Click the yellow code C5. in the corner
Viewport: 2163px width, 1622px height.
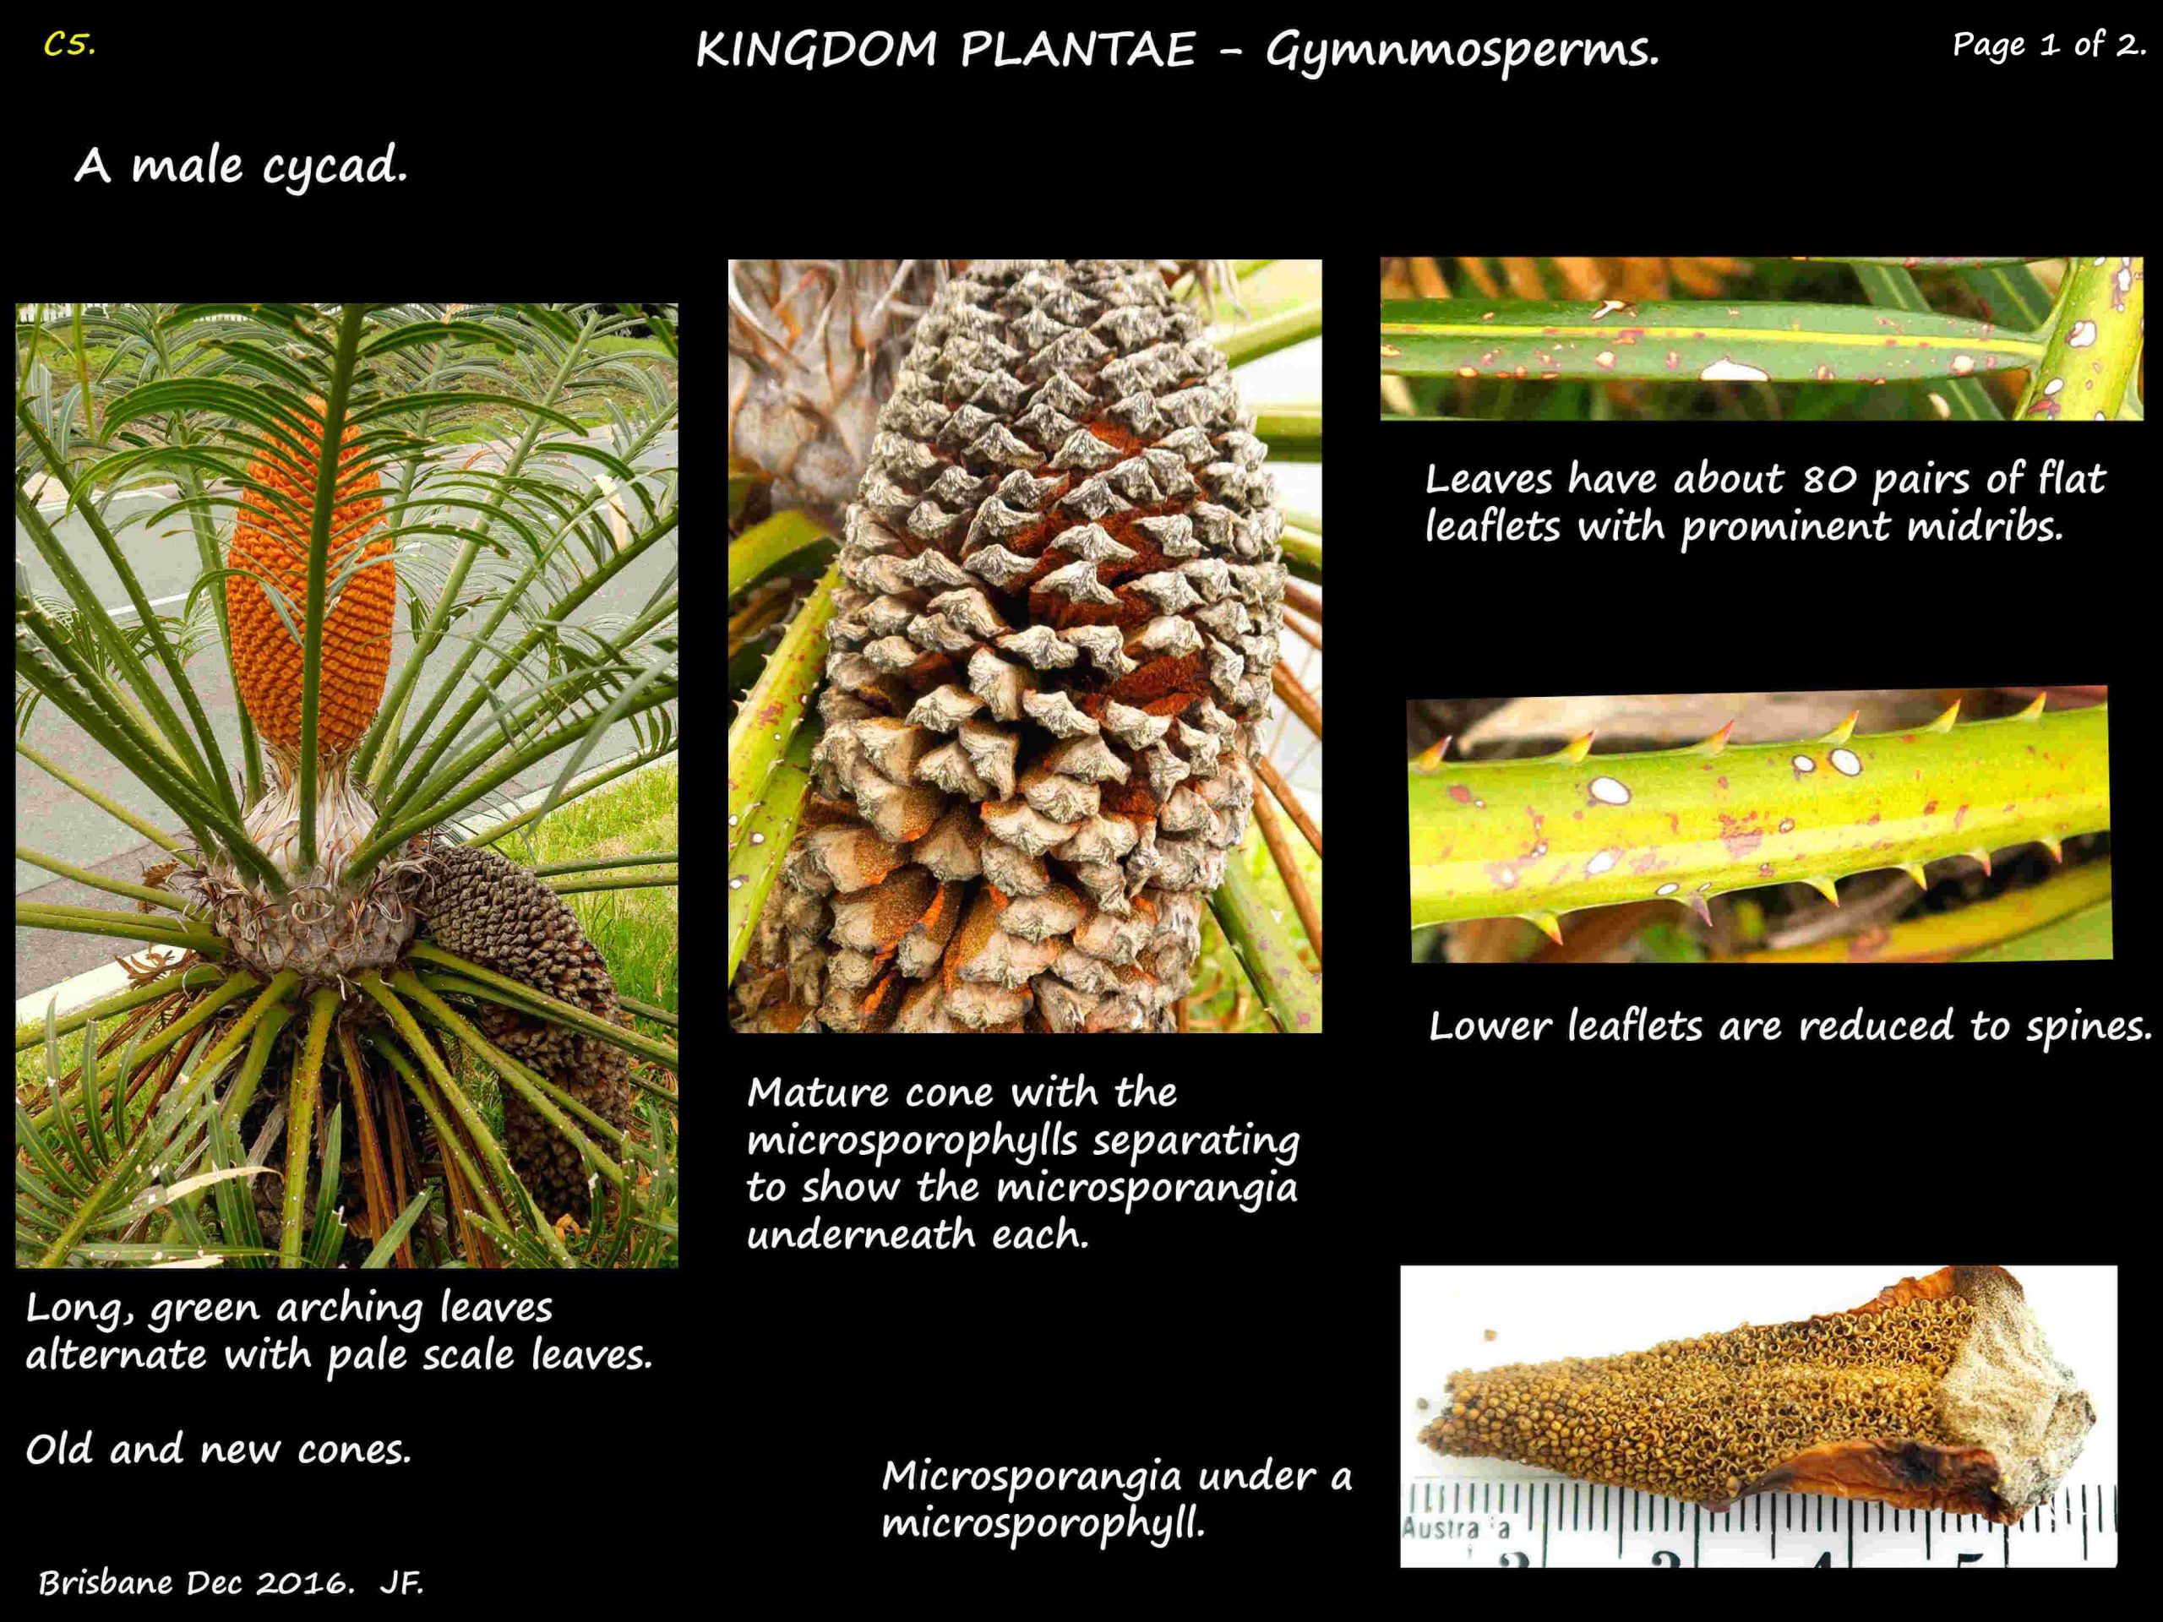69,45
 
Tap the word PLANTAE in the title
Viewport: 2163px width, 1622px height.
1077,50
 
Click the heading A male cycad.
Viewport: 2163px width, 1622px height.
241,166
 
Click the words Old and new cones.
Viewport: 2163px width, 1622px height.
218,1449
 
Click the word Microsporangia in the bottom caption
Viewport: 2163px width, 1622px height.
1032,1477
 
